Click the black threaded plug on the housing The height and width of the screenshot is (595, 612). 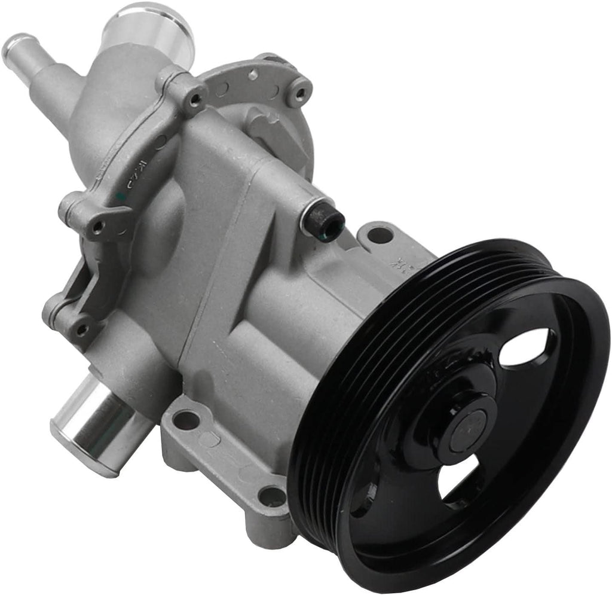pos(323,222)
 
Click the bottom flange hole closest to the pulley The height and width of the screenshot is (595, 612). pos(272,496)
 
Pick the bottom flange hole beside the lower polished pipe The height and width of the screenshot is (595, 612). pos(186,420)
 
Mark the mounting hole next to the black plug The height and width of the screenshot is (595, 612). pos(380,235)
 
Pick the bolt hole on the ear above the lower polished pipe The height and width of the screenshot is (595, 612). pos(81,328)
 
